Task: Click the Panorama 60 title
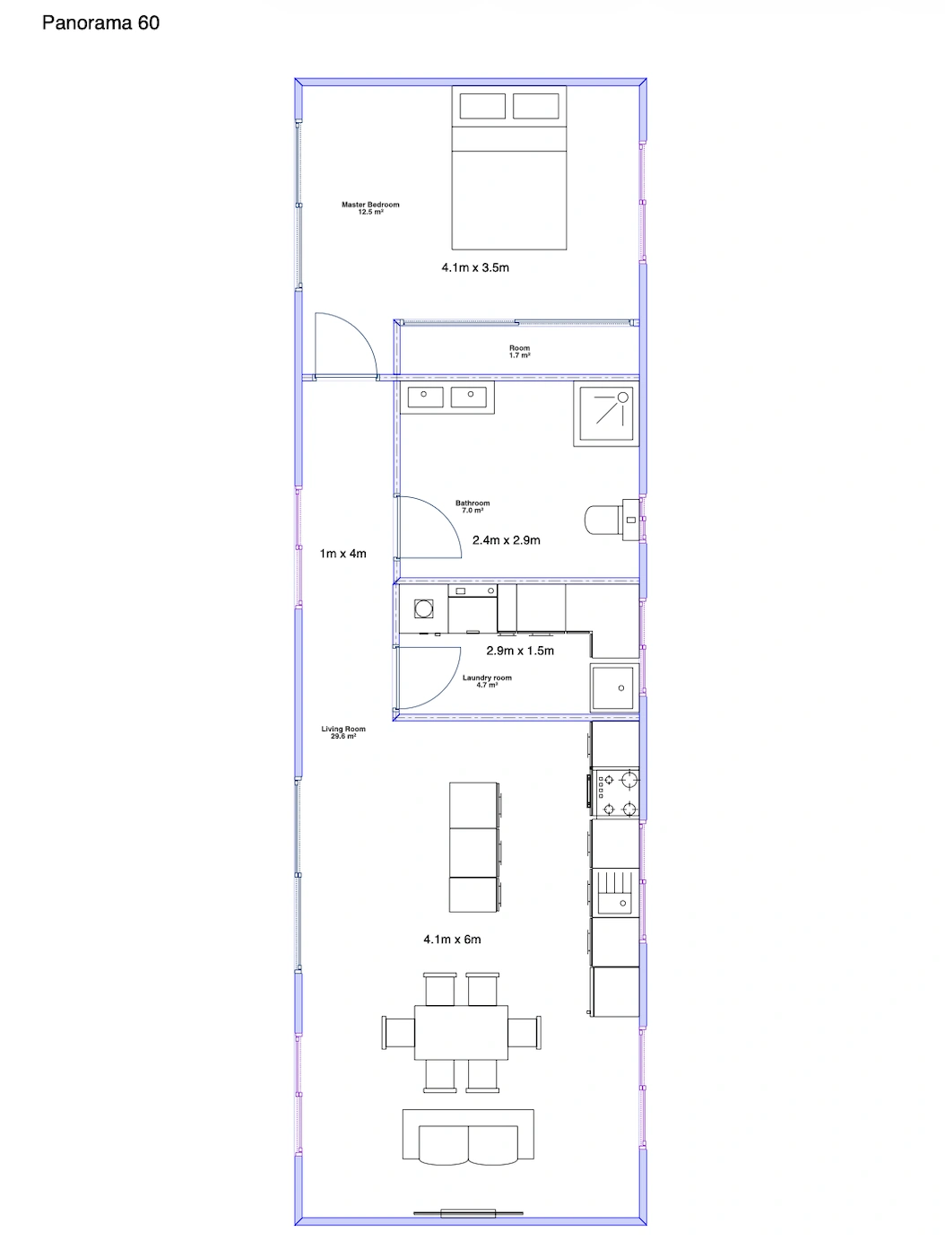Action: coord(100,22)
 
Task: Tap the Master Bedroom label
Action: coord(370,207)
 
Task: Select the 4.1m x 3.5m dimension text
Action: coord(475,267)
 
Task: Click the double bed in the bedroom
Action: coord(508,168)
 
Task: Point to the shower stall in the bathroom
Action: coord(606,414)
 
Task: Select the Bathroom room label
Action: coord(472,506)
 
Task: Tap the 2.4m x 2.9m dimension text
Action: coord(506,540)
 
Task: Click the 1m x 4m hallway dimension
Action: coord(342,554)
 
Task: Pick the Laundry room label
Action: coord(487,681)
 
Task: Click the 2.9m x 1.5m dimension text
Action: coord(520,651)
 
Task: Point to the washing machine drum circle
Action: coord(423,608)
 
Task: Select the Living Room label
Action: coord(343,732)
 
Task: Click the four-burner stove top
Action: coord(615,792)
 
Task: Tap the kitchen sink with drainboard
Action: coord(615,893)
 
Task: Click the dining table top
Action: coord(461,1033)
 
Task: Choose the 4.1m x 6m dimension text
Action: coord(452,940)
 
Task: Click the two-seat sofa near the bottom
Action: coord(468,1136)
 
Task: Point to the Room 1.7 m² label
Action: coord(519,352)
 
